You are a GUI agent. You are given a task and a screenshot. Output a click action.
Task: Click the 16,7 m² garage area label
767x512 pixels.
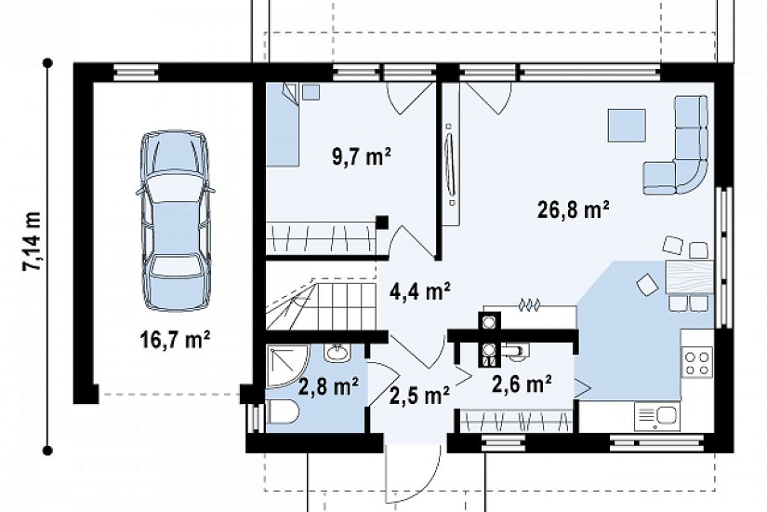[175, 339]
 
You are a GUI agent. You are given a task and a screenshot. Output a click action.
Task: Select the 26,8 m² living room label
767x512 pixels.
[574, 209]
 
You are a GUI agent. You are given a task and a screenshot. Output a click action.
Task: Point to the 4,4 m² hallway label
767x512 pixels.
[419, 291]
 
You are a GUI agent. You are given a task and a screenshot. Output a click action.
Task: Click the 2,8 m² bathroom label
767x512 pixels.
[328, 386]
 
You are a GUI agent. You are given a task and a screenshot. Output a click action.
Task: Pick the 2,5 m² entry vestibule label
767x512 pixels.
[419, 395]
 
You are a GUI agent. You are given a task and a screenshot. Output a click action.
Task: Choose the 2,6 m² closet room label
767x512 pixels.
[522, 384]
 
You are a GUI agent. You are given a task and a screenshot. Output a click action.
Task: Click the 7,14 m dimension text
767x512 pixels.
[31, 241]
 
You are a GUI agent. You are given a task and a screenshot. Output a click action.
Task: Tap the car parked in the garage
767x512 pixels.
[175, 221]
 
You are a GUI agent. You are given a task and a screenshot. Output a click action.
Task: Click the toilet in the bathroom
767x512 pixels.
[283, 411]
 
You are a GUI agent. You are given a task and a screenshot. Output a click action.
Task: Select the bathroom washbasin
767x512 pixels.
[337, 352]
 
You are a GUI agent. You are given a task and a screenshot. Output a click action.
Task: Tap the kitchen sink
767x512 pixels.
[657, 416]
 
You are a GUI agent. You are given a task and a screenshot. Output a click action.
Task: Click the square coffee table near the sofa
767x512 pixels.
[627, 126]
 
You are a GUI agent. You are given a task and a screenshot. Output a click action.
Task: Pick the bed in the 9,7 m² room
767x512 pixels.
[283, 125]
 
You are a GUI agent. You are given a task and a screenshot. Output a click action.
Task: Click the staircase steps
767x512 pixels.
[322, 303]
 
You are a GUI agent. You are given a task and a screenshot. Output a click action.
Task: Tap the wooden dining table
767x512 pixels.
[689, 277]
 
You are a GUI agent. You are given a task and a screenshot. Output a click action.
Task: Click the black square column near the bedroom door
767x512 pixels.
[382, 222]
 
